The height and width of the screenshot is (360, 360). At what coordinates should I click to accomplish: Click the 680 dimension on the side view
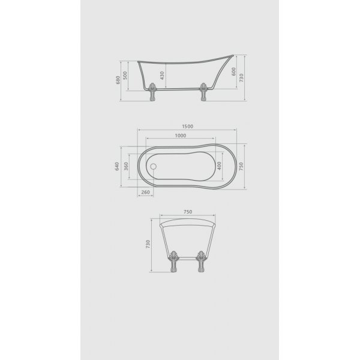pos(118,79)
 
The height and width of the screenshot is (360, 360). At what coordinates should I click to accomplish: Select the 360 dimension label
pos(126,166)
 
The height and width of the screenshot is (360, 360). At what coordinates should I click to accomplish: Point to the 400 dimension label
pos(221,166)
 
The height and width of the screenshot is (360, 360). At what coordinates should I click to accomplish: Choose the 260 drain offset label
pos(146,193)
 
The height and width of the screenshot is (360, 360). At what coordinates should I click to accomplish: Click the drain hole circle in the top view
pos(152,167)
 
